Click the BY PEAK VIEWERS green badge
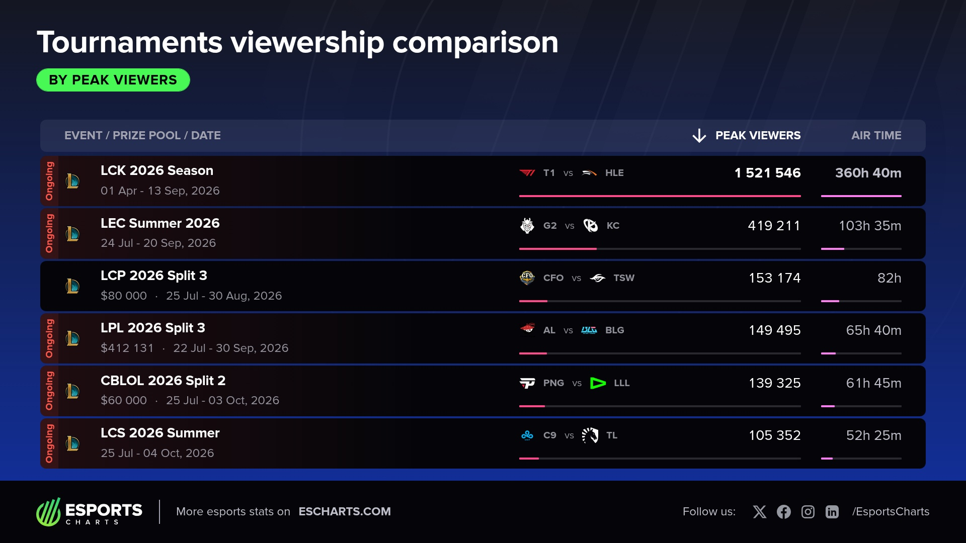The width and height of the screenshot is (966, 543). (113, 80)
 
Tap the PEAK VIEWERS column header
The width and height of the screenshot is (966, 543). (758, 135)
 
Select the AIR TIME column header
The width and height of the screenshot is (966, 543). (876, 135)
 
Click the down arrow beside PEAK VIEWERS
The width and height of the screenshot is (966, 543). (699, 135)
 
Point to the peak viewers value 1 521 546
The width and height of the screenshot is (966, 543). (767, 173)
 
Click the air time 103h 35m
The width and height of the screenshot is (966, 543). (870, 226)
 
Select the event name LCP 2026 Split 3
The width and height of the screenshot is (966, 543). (154, 276)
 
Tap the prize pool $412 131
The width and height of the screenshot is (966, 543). (127, 348)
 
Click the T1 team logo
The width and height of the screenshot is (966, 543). (527, 173)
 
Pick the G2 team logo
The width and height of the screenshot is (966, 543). (527, 226)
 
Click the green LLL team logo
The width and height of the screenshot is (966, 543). (598, 383)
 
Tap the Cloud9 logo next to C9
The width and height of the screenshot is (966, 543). (527, 435)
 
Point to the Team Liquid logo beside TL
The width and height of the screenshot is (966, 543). (590, 435)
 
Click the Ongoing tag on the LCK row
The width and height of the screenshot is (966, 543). (49, 181)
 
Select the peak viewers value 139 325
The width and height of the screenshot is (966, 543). (775, 383)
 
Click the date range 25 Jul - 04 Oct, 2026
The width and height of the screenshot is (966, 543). (157, 453)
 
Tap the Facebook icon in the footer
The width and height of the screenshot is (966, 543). (784, 512)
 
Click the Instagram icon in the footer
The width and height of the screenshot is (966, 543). (808, 512)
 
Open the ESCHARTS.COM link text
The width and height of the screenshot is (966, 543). (345, 511)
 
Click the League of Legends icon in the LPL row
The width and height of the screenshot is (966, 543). (72, 338)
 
